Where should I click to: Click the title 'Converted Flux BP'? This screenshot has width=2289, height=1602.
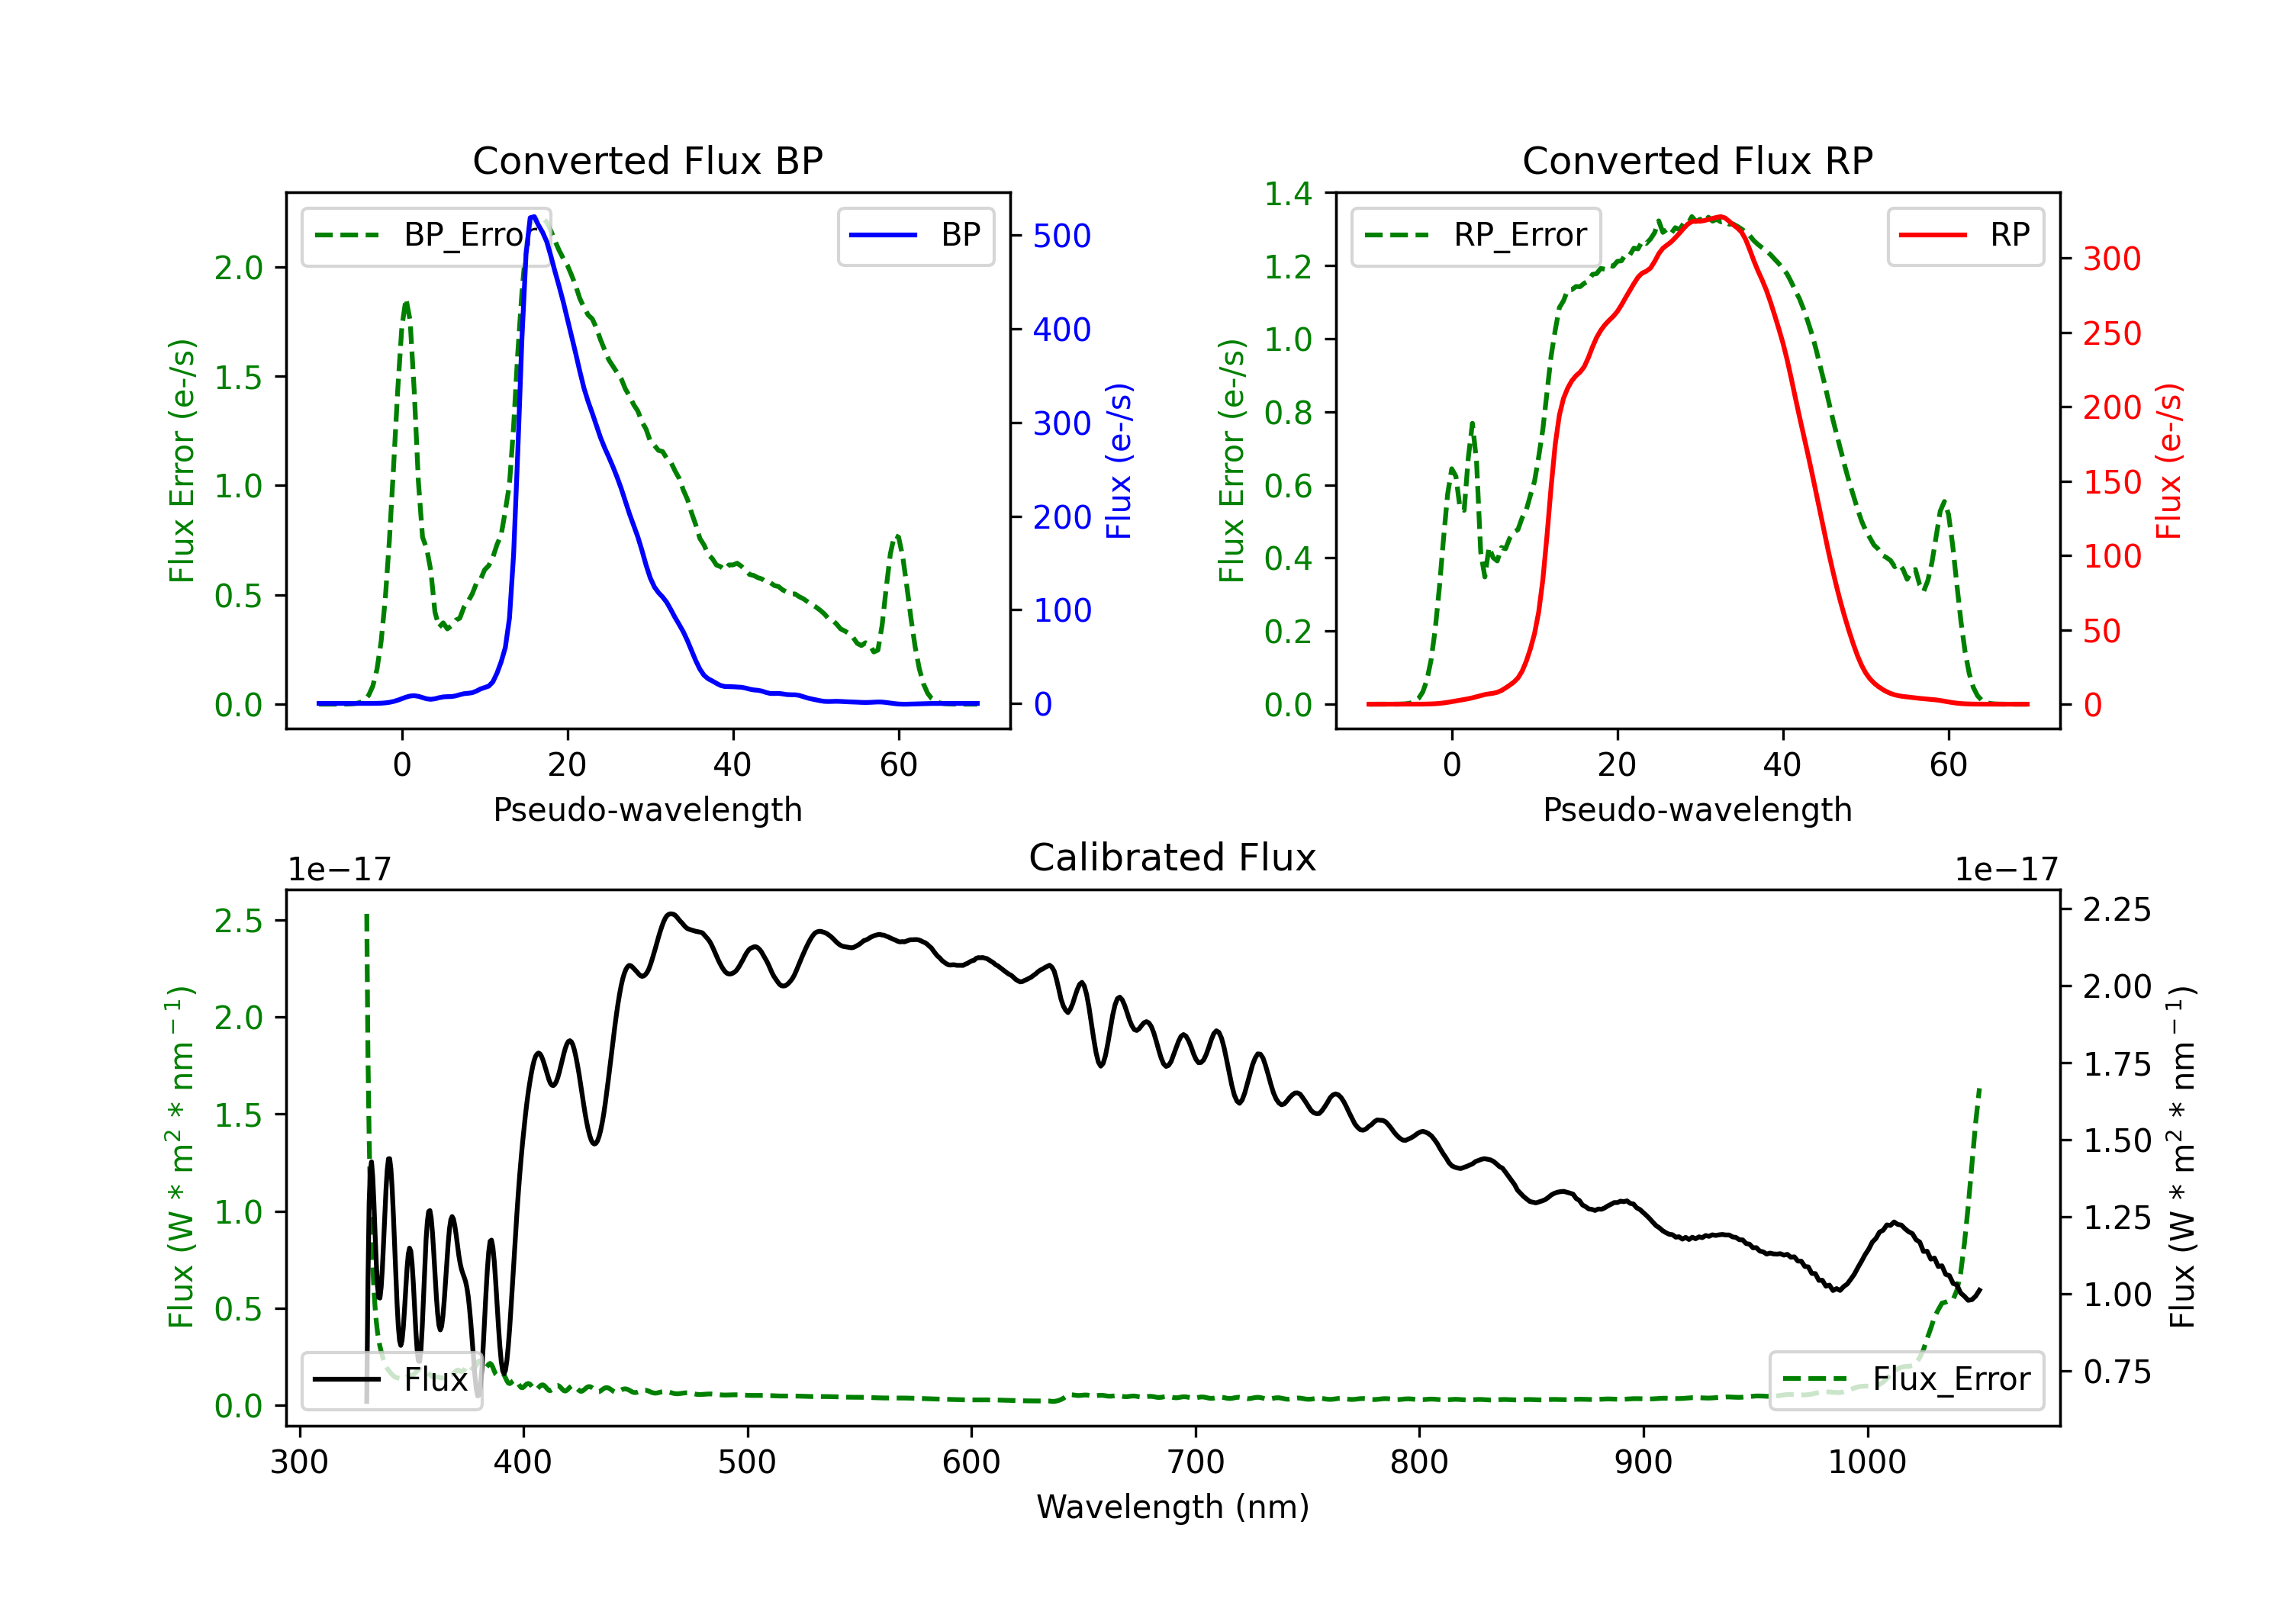tap(647, 160)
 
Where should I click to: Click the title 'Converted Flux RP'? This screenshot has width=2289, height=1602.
tap(1697, 160)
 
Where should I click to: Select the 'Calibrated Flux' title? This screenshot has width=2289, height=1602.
tap(1173, 857)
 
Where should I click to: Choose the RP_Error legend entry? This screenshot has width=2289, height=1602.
tap(1476, 235)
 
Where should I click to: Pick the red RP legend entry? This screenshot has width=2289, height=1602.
tap(1965, 235)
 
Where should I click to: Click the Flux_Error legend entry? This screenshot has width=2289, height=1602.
tap(1905, 1380)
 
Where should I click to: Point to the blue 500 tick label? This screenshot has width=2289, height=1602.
tap(1062, 236)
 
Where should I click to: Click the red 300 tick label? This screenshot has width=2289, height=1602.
tap(2111, 259)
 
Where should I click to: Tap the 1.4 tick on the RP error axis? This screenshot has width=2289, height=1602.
tap(1288, 194)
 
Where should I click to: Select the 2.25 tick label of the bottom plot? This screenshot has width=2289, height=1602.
tap(2117, 909)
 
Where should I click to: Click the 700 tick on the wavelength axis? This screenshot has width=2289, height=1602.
tap(1196, 1462)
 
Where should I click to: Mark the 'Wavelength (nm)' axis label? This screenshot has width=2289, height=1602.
tap(1173, 1507)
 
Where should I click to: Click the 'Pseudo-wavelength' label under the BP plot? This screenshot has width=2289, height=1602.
tap(647, 809)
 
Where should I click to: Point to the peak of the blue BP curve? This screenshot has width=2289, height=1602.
tap(533, 217)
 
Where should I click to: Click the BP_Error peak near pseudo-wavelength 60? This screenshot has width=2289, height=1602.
tap(897, 537)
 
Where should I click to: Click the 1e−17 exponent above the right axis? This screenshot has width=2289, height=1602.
tap(2006, 870)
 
